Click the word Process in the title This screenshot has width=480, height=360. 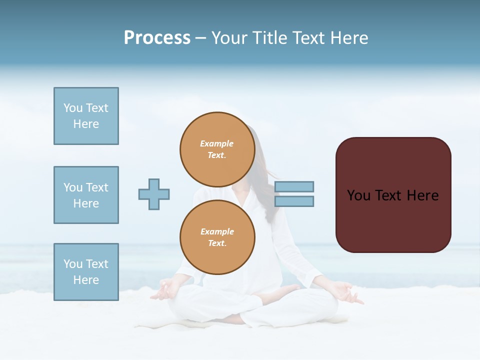157,38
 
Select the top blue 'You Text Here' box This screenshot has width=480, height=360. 86,116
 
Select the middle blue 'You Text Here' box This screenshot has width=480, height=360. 86,195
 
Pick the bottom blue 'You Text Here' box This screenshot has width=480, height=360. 86,272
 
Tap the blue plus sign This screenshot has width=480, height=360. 154,194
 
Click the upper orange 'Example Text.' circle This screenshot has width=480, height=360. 217,149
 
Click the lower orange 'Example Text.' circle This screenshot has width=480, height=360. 217,237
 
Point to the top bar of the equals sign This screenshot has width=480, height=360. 294,186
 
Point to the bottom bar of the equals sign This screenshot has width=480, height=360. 294,201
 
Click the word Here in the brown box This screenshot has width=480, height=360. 422,195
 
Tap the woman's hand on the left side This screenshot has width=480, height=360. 164,290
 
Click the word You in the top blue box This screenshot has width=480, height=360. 73,108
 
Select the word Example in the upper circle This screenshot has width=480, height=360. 217,143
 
